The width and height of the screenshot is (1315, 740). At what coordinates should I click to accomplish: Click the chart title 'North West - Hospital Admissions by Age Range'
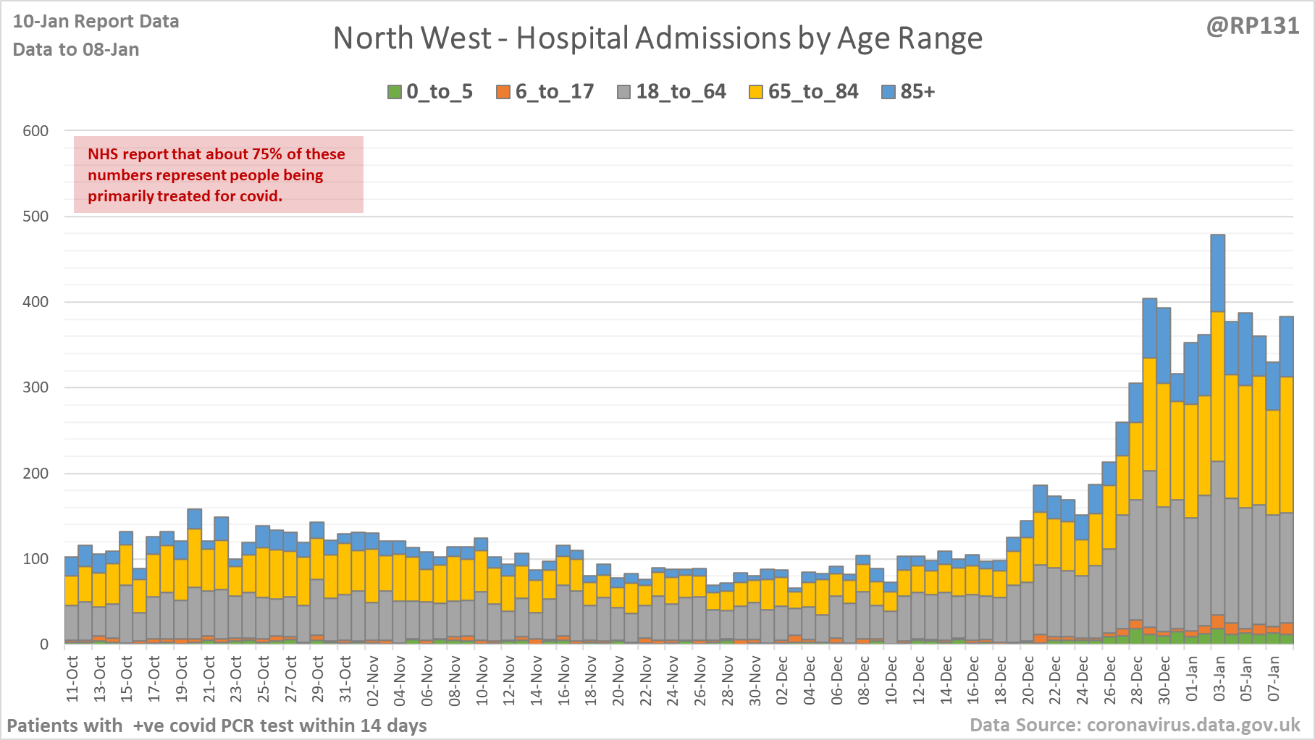pyautogui.click(x=657, y=38)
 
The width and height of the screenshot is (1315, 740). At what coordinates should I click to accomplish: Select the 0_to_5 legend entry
pyautogui.click(x=430, y=92)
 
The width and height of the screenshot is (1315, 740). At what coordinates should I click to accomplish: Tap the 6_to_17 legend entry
pyautogui.click(x=545, y=92)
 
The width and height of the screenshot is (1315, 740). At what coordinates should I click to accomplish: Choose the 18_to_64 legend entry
pyautogui.click(x=672, y=92)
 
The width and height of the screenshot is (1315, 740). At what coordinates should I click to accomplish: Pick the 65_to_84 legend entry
pyautogui.click(x=804, y=92)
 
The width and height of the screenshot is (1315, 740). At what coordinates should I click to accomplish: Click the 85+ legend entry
pyautogui.click(x=909, y=92)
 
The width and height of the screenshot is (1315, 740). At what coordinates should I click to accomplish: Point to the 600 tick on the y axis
pyautogui.click(x=35, y=131)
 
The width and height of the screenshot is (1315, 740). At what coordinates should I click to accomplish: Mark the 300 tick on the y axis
pyautogui.click(x=35, y=387)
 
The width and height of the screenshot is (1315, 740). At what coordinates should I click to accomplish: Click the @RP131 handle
pyautogui.click(x=1253, y=26)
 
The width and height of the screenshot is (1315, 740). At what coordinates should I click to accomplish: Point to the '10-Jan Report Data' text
pyautogui.click(x=96, y=22)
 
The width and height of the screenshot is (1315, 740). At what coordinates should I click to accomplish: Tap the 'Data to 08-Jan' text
pyautogui.click(x=76, y=50)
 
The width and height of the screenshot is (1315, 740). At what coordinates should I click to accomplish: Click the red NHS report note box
pyautogui.click(x=218, y=175)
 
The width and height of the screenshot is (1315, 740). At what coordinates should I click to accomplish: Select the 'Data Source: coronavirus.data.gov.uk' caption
pyautogui.click(x=1135, y=725)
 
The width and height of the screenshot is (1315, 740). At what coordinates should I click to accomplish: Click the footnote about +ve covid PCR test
pyautogui.click(x=217, y=726)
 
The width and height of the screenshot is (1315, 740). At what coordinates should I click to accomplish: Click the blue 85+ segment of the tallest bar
pyautogui.click(x=1218, y=273)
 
